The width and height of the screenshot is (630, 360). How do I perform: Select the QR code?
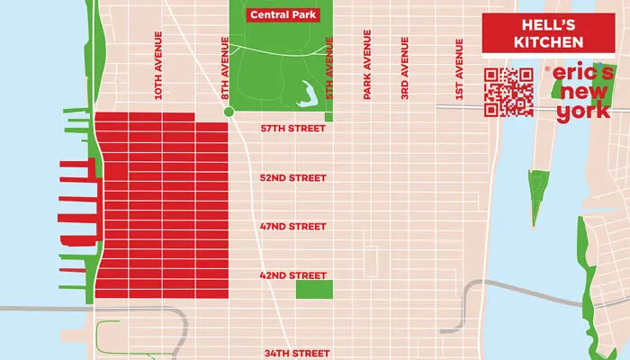508,93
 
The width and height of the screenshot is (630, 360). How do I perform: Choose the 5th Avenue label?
328,63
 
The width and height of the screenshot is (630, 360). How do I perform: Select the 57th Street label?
292,129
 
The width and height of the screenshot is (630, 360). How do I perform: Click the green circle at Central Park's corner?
229,112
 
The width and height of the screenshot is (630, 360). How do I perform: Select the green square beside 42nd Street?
314,290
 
